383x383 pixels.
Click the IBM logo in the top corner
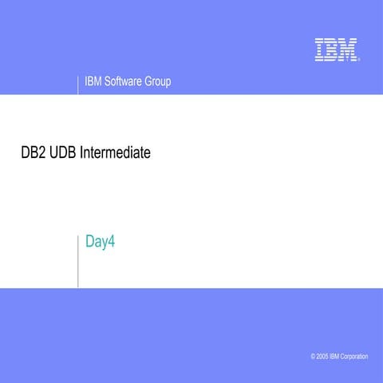pyautogui.click(x=335, y=49)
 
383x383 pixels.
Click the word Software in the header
pyautogui.click(x=121, y=81)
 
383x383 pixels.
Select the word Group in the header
pyautogui.click(x=157, y=81)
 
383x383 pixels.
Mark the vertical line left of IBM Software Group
pyautogui.click(x=78, y=85)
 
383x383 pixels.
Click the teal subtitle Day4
pyautogui.click(x=101, y=241)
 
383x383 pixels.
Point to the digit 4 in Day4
pyautogui.click(x=113, y=241)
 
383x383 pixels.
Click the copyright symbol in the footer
pyautogui.click(x=314, y=356)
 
